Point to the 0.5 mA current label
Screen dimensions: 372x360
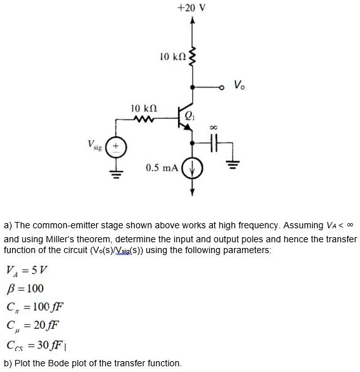pyautogui.click(x=160, y=168)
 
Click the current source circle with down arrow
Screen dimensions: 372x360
pyautogui.click(x=192, y=169)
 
